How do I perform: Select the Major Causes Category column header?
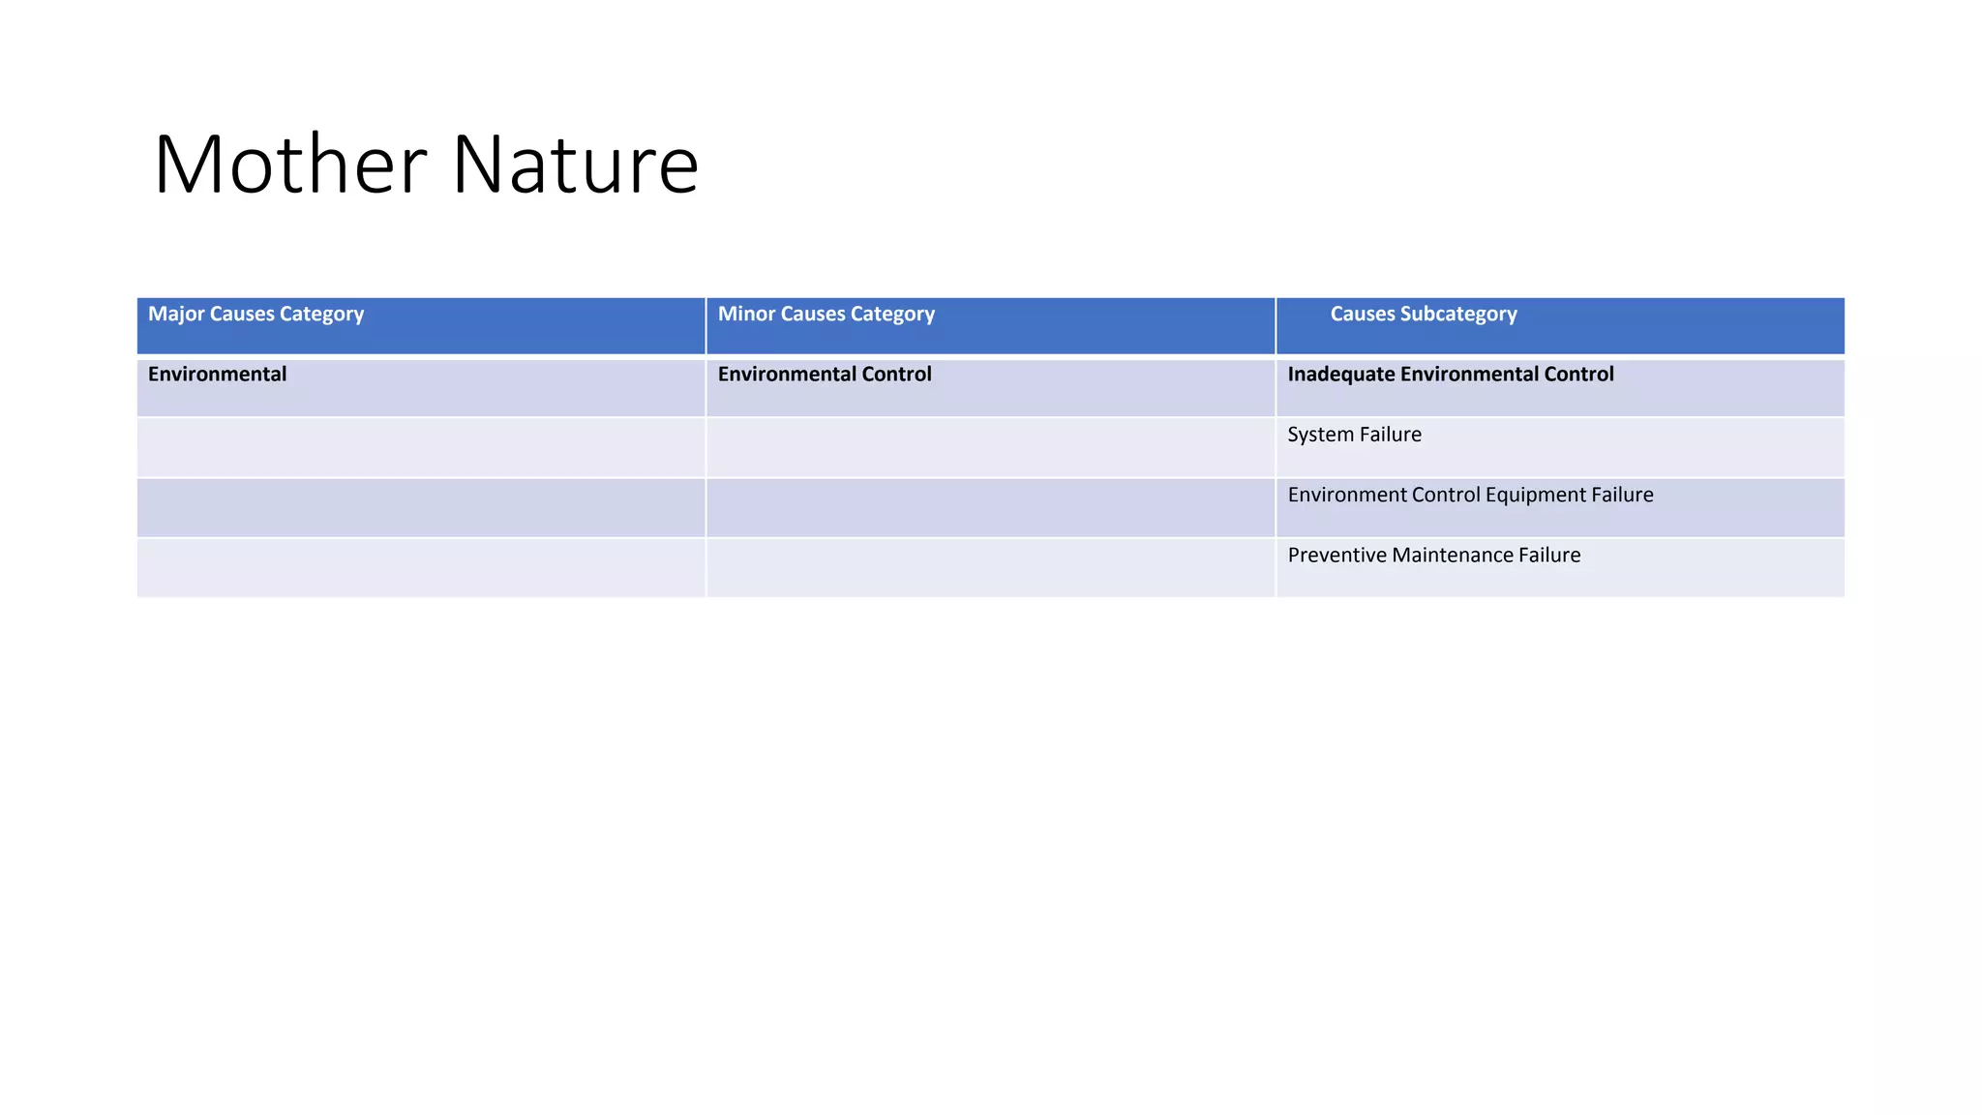tap(255, 315)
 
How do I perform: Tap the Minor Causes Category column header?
tap(826, 315)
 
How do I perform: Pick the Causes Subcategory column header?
tap(1423, 315)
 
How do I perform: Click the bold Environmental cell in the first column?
tap(217, 375)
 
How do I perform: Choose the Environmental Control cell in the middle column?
tap(825, 375)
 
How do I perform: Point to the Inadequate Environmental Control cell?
tap(1450, 375)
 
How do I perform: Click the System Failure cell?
tap(1354, 435)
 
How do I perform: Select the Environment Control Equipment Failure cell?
tap(1470, 496)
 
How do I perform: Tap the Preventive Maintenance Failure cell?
tap(1433, 556)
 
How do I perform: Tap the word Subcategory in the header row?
tap(1457, 315)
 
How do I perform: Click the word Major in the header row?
tap(176, 315)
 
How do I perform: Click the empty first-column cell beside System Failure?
tap(421, 447)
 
